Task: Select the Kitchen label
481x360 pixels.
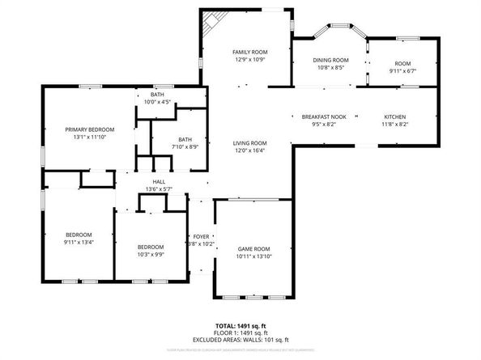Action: [x=395, y=116]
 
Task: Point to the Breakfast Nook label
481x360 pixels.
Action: [x=324, y=116]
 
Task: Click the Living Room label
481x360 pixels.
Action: [x=250, y=142]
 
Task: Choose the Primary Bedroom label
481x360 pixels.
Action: [x=90, y=129]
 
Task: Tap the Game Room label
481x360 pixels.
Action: [x=253, y=248]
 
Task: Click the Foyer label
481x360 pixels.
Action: [x=201, y=235]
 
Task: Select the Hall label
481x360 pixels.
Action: [x=159, y=182]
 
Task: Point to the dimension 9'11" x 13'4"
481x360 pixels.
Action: [x=79, y=241]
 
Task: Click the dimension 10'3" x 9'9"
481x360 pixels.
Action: [x=150, y=255]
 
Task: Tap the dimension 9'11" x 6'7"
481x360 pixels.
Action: [x=402, y=71]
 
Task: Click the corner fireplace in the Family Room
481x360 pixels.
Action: [x=211, y=21]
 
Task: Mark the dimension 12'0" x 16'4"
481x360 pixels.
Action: [x=250, y=150]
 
